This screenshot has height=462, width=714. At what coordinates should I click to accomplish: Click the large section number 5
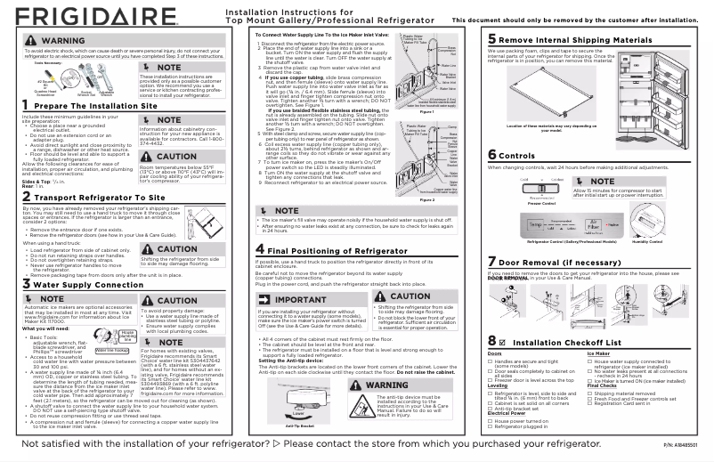tap(492, 40)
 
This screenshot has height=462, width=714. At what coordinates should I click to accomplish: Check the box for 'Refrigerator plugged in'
tap(491, 427)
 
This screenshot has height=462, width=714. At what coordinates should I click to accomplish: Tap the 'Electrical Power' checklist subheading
tap(507, 413)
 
